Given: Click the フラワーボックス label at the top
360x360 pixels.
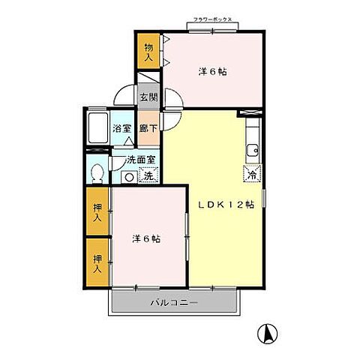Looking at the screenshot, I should click(214, 22).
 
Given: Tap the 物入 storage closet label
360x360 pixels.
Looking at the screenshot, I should click(148, 52).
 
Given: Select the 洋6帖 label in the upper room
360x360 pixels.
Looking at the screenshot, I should click(213, 72).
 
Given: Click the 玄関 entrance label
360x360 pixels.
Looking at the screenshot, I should click(148, 97).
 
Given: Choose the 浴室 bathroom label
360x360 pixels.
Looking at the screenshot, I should click(122, 128).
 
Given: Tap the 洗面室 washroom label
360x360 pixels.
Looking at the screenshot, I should click(140, 160).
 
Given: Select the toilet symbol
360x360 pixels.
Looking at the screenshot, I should click(96, 173).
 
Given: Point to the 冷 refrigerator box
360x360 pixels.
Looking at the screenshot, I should click(252, 173).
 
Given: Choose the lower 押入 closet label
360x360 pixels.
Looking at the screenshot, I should click(97, 261).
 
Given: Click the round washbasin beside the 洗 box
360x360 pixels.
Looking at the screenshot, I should click(129, 178).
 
